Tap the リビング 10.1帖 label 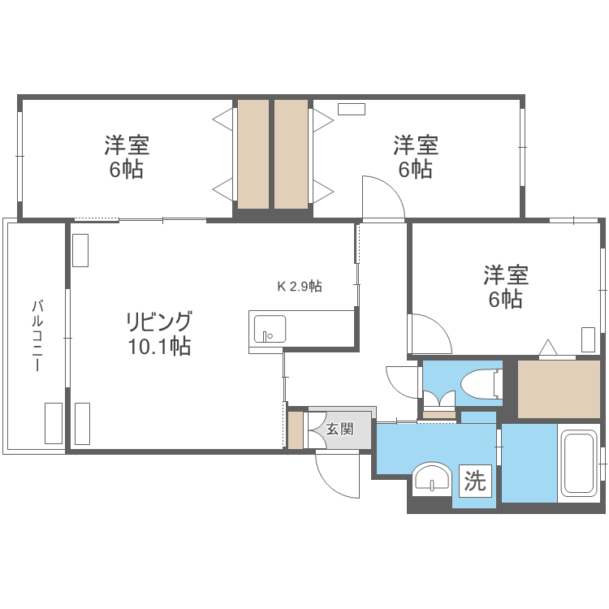coord(158,333)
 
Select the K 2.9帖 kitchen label coord(300,286)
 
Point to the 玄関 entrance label coord(339,429)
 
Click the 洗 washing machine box coord(475,482)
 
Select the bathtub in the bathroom coord(579,464)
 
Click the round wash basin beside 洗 coord(432,478)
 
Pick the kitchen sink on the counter coord(269,330)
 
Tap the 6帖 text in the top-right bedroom coord(415,170)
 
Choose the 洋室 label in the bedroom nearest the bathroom coord(506,274)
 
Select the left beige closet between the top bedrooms coord(253,154)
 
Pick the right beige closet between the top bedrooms coord(291,154)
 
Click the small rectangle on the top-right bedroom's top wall coord(352,108)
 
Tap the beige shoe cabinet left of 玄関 coord(296,430)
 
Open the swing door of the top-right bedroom coord(383,199)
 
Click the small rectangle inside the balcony coord(54,422)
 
